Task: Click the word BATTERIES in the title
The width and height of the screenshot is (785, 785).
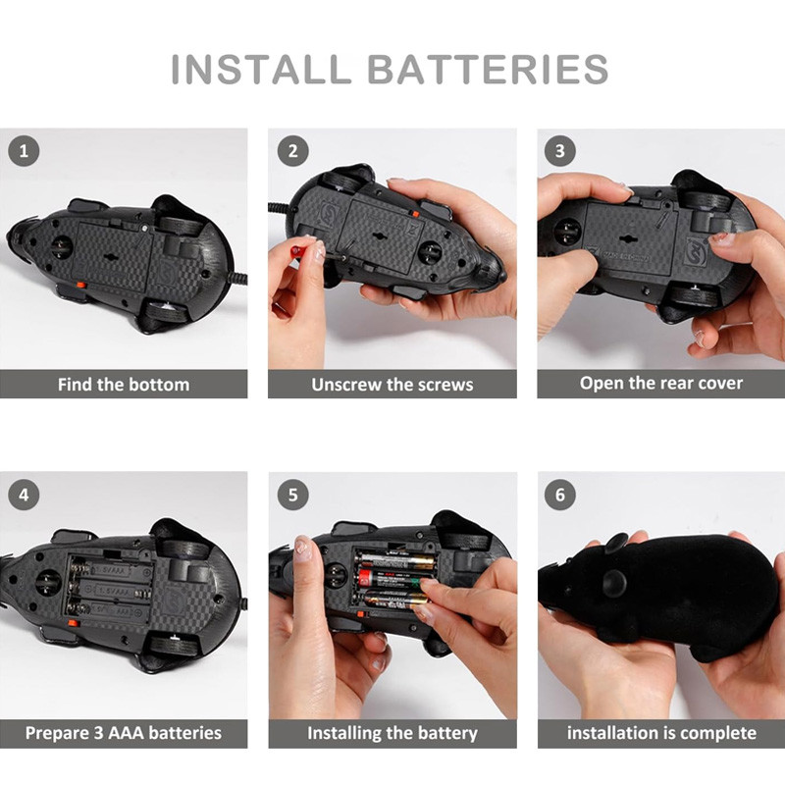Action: (488, 69)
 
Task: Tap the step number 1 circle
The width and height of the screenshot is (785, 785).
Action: (24, 151)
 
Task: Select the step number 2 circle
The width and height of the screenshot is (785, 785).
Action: (292, 151)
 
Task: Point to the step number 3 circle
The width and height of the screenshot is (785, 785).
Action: (560, 151)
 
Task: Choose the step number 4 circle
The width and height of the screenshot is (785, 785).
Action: (24, 496)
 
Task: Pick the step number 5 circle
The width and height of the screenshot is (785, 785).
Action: (292, 496)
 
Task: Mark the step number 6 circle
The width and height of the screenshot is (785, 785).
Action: (560, 496)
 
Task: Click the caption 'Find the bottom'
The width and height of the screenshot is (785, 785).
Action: (124, 385)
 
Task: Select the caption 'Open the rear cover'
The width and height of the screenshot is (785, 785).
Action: (661, 384)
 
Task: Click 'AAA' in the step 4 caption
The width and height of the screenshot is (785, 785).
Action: (127, 733)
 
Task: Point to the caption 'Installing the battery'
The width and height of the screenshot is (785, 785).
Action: (392, 733)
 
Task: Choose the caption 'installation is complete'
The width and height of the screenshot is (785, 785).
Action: (661, 733)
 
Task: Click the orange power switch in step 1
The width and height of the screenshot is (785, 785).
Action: (80, 286)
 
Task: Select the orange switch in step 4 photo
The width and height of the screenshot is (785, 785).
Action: (73, 623)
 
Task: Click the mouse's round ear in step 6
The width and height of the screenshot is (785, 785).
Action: (614, 582)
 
